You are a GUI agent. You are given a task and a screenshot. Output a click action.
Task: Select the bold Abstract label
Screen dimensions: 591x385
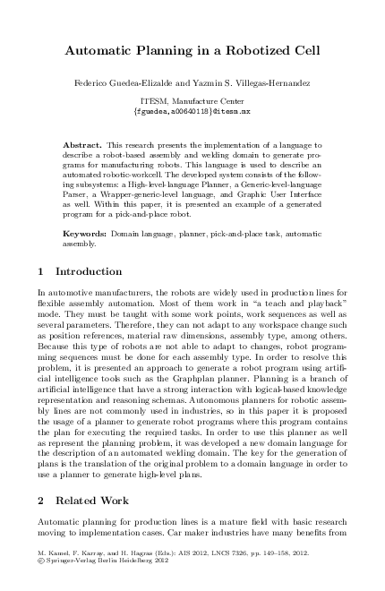click(82, 143)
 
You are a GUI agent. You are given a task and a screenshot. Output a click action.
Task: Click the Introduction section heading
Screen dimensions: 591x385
click(89, 271)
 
